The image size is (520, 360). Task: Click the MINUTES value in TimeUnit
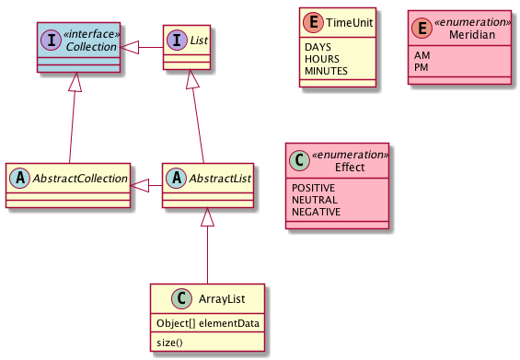[327, 70]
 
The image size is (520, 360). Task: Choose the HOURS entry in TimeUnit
[322, 57]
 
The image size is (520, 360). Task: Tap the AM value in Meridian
[422, 54]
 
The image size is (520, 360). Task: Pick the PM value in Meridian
[422, 67]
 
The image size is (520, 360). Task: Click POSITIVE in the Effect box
[313, 187]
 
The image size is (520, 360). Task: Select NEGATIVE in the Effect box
[316, 212]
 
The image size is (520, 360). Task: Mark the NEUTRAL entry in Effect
[314, 200]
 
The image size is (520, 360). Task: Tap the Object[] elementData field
[207, 323]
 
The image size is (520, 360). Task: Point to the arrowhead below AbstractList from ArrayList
[208, 218]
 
